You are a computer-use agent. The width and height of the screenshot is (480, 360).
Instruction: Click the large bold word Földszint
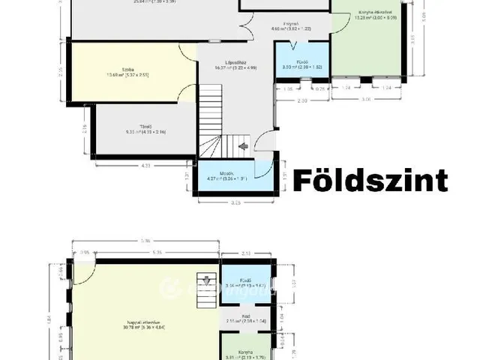point(369,180)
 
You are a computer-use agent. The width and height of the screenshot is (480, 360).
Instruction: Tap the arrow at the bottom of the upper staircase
point(242,147)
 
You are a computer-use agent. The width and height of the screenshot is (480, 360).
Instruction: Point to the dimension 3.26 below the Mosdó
point(235,202)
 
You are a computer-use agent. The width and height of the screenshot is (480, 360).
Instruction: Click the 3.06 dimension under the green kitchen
point(365,98)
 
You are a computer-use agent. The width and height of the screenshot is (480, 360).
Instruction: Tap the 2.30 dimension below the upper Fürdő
point(301,100)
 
